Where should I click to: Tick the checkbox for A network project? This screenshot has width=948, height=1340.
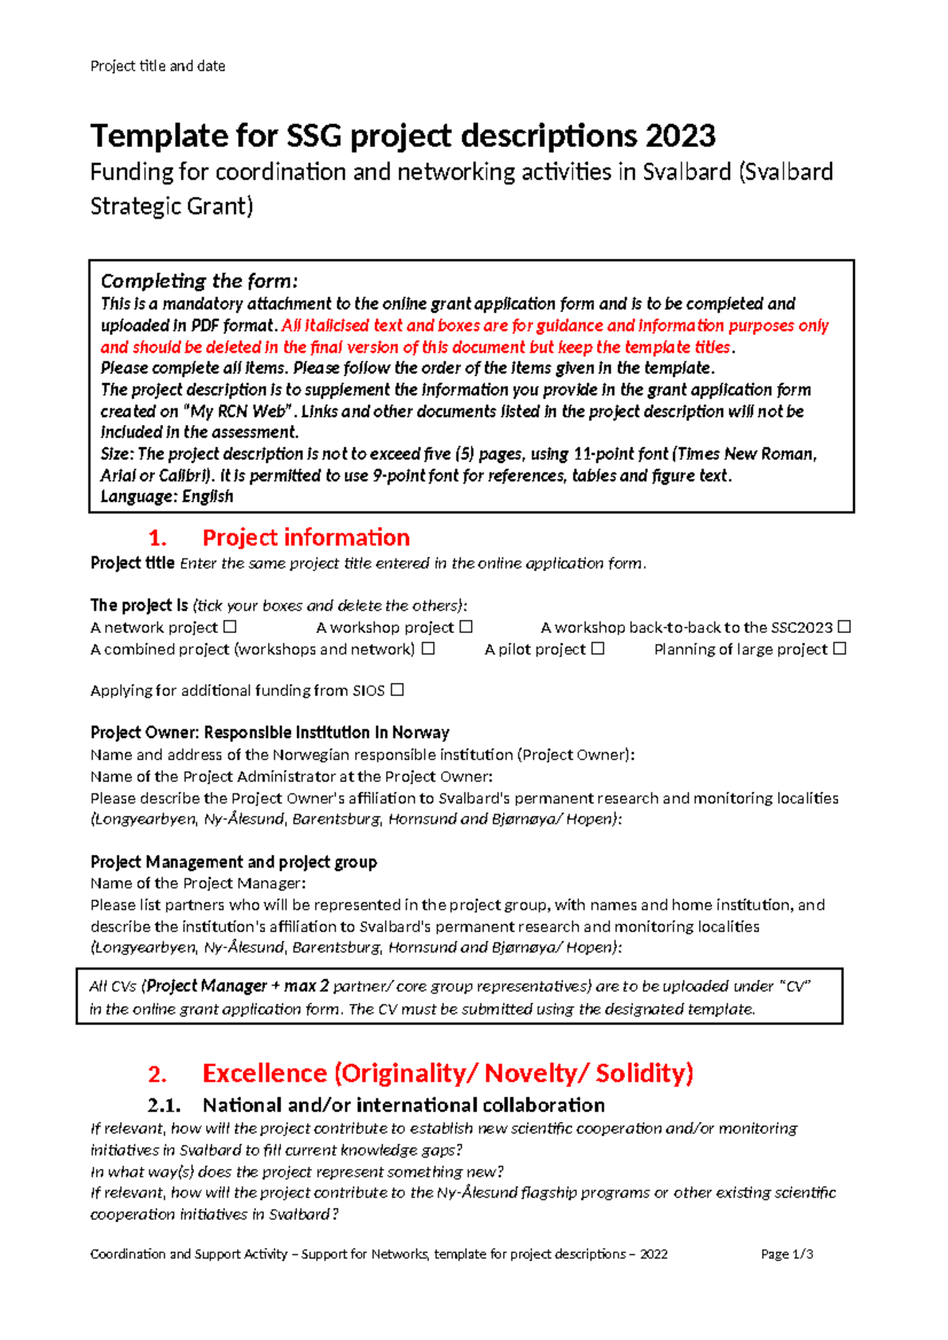point(230,627)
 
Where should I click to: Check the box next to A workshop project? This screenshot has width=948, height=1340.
point(466,627)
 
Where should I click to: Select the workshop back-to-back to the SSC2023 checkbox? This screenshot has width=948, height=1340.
point(845,627)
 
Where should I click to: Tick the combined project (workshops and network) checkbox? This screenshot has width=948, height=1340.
point(428,649)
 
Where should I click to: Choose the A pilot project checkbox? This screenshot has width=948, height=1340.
point(598,649)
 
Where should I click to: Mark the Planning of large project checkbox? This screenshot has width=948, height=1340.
point(840,649)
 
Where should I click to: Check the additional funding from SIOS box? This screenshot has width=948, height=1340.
point(397,690)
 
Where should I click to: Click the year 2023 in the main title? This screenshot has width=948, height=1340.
point(680,136)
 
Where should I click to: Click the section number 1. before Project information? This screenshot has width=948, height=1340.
point(157,538)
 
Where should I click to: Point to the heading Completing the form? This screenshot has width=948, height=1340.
point(199,281)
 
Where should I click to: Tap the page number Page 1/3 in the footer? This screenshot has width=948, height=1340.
point(787,1254)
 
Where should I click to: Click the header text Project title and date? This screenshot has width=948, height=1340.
point(158,66)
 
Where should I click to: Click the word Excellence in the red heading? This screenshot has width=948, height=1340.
point(265,1073)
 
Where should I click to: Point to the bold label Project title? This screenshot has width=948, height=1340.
point(133,563)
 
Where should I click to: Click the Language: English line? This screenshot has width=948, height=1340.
point(167,497)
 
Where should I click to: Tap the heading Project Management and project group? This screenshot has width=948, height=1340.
point(234,862)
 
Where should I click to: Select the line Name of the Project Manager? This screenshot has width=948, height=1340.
point(197,883)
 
